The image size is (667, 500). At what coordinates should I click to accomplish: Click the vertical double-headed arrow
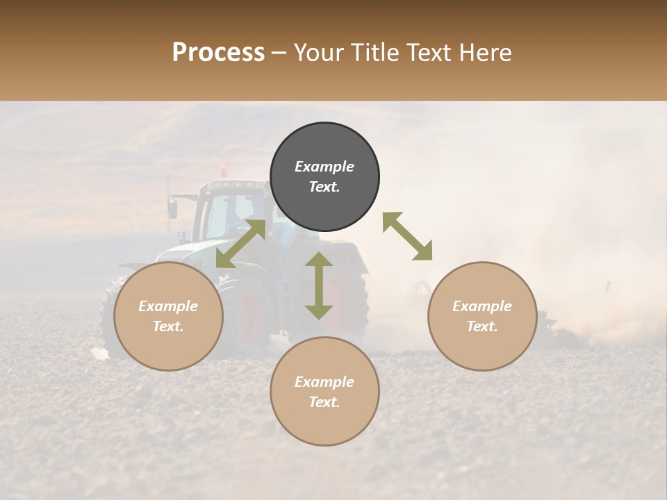point(319,285)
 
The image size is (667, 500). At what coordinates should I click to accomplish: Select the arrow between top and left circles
point(241,243)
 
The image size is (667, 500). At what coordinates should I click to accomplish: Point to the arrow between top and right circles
point(407,236)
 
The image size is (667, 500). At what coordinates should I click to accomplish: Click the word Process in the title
point(218,52)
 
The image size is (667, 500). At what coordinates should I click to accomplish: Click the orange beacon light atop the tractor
point(223,170)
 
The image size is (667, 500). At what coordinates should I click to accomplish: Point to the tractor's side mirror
point(172,206)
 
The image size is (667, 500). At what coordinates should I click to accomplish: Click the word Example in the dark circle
point(324,167)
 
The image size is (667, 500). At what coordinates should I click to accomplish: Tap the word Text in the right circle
point(481,326)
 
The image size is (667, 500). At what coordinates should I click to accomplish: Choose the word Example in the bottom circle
point(324,382)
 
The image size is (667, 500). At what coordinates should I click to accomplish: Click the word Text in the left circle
point(167,326)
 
